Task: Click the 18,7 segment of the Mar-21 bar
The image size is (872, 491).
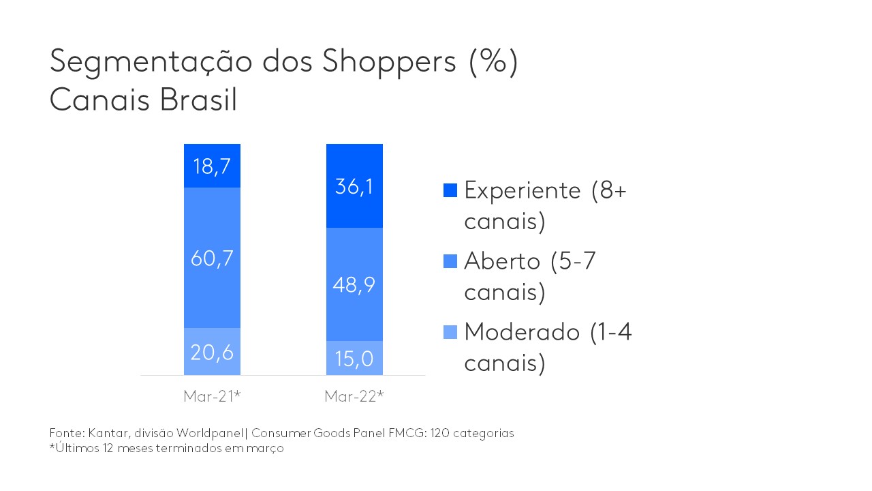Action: [211, 166]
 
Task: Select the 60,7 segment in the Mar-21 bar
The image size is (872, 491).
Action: [211, 258]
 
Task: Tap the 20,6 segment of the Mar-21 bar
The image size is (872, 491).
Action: [211, 352]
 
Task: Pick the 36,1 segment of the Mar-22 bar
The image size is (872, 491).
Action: [354, 185]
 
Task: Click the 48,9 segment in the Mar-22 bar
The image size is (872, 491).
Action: [354, 284]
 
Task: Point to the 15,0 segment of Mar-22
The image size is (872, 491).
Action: [354, 359]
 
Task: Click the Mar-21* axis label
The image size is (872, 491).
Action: [211, 396]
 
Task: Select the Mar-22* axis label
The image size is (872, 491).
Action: [354, 396]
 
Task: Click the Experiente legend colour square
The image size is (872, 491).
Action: [450, 190]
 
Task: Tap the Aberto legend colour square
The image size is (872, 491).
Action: [450, 261]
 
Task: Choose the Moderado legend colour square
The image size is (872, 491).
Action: [450, 332]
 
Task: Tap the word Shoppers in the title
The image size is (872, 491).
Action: [389, 62]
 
